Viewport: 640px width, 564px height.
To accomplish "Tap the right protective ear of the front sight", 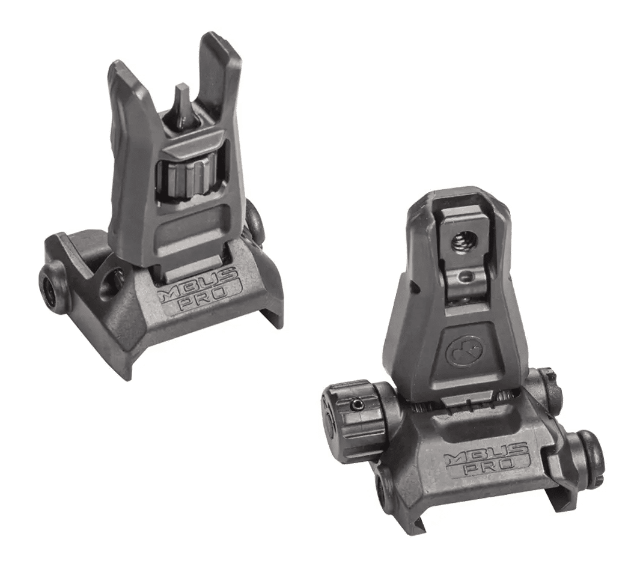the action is tap(219, 77).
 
